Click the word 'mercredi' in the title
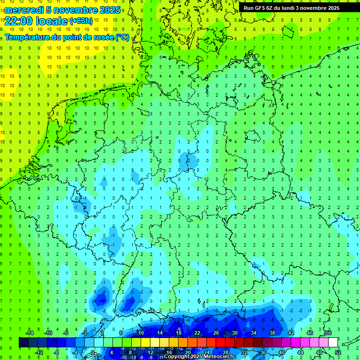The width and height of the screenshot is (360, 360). click(24, 10)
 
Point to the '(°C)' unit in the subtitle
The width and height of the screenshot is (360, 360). click(122, 37)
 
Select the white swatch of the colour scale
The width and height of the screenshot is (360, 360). click(333, 343)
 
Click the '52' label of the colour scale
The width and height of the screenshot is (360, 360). click(338, 352)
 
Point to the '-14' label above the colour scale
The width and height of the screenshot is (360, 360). click(29, 333)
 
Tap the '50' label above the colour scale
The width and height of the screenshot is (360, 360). click(328, 333)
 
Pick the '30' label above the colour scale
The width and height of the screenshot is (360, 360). click(234, 333)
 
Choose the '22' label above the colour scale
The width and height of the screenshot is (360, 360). click(197, 333)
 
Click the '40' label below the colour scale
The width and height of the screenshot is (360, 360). click(281, 352)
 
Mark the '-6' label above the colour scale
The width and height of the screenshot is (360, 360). click(66, 333)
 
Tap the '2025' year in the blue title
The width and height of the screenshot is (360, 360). click(107, 10)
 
